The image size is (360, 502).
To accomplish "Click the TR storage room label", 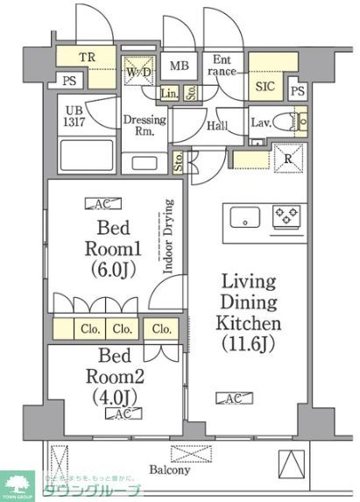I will tap(88, 60).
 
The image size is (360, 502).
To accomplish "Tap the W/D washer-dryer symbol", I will tap(136, 72).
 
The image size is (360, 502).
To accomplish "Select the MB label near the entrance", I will tap(179, 66).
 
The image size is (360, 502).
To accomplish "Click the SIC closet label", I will tap(264, 87).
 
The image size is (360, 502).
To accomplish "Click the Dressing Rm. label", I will tap(138, 125).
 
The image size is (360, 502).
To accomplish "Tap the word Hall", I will tap(217, 126).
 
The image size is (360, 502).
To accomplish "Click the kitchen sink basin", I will tap(244, 216).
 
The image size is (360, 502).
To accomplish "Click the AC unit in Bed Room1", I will tap(97, 204).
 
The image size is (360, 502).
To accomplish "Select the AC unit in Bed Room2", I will tap(123, 414).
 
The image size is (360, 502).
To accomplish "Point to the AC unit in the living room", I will tap(232, 399).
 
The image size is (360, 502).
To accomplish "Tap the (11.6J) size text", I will tap(249, 343).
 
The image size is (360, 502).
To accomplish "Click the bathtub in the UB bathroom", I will tap(85, 154).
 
